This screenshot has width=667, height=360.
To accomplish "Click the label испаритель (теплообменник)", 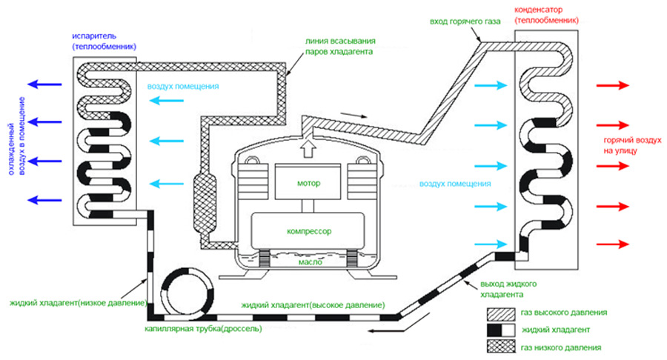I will point(104,41).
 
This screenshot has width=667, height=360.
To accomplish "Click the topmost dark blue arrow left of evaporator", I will point(46,84).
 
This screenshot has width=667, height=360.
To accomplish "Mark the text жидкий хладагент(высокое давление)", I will point(311,305).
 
